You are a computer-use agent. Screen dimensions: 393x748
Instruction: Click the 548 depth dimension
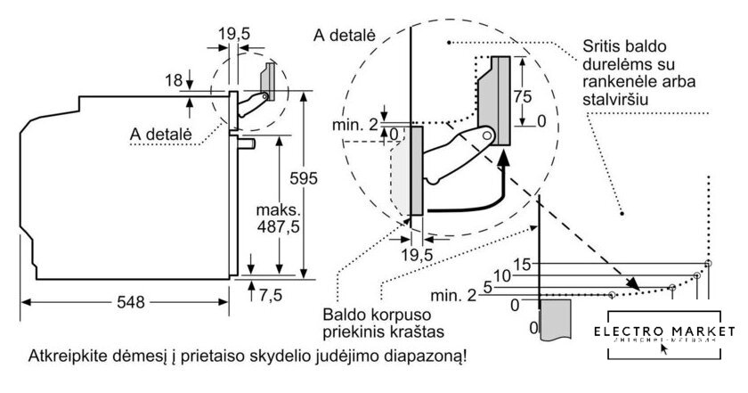click(x=130, y=302)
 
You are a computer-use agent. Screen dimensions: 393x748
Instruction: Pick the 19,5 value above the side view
click(x=233, y=34)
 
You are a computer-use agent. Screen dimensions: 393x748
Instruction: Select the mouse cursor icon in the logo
click(x=663, y=348)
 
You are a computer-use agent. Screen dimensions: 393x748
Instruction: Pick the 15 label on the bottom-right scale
click(x=524, y=264)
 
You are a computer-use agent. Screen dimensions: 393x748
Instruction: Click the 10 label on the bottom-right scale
click(x=502, y=276)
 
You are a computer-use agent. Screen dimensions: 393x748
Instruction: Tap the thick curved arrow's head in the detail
click(x=505, y=159)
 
